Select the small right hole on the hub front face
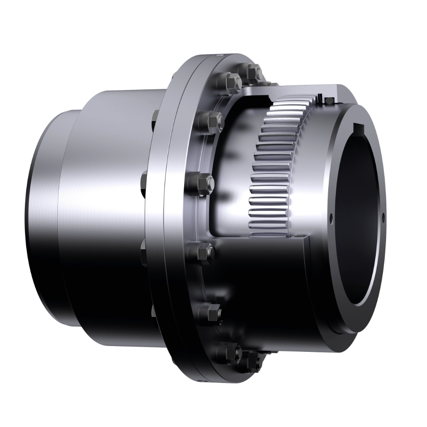click(384, 218)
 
